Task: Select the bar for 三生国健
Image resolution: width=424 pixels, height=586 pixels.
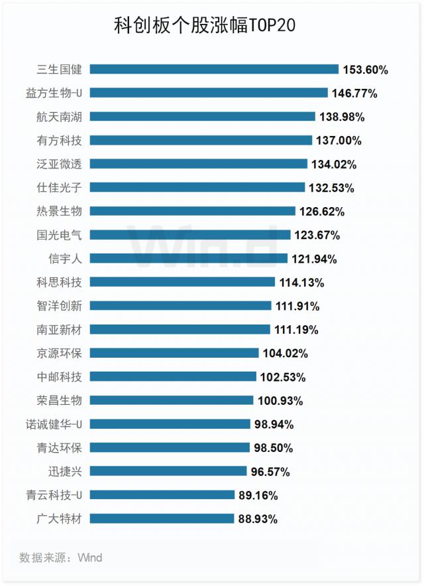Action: [x=214, y=69]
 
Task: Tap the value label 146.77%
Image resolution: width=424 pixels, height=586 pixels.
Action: [x=354, y=94]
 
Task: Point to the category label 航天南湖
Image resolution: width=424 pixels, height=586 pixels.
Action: [x=60, y=117]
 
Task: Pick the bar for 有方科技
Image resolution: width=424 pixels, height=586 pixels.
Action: [x=201, y=140]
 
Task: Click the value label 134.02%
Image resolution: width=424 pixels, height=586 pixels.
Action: [x=334, y=164]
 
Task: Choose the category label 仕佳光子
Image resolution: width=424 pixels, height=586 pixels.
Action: [x=60, y=188]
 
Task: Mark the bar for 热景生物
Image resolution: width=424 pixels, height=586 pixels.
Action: [x=192, y=211]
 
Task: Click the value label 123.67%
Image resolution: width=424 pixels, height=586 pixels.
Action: [x=317, y=235]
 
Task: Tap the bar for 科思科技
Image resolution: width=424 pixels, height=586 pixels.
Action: [x=182, y=282]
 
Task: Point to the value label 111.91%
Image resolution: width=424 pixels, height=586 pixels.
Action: [x=297, y=306]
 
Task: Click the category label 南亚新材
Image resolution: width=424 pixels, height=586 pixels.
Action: [x=60, y=329]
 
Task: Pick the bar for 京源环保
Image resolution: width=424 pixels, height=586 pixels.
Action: [x=174, y=353]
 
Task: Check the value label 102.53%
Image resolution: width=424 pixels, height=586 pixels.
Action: [x=283, y=377]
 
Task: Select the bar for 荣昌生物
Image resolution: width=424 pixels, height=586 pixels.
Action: [x=172, y=400]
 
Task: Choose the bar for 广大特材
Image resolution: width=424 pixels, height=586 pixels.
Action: [x=162, y=518]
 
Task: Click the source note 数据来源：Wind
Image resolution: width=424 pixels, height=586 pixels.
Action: [x=61, y=557]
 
